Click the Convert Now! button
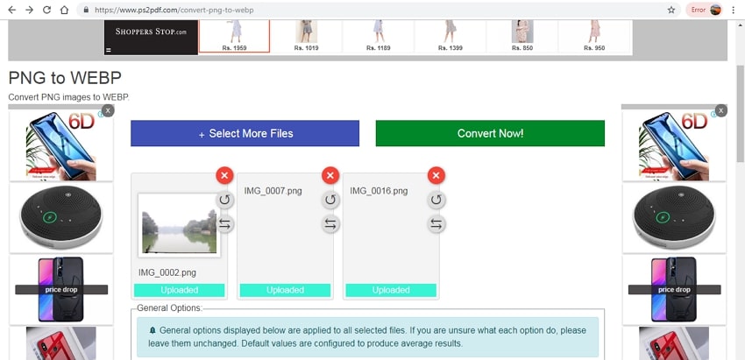click(x=490, y=133)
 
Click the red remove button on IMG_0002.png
click(x=224, y=176)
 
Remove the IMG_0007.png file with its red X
click(x=330, y=176)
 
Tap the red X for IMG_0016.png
click(x=436, y=176)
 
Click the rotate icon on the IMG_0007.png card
click(x=330, y=200)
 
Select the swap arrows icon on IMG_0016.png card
click(x=436, y=223)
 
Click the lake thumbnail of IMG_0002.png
click(x=179, y=224)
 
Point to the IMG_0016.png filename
click(x=379, y=191)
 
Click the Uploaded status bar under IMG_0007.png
click(x=285, y=290)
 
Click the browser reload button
click(x=46, y=10)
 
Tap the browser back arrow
click(x=12, y=10)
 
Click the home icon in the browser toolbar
click(x=64, y=10)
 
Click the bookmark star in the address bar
click(x=671, y=10)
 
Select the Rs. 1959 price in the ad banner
click(x=234, y=48)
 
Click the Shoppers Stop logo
click(x=151, y=32)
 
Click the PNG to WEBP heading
click(x=65, y=78)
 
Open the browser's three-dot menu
click(x=733, y=10)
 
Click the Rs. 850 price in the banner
click(x=522, y=48)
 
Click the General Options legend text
click(x=170, y=307)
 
